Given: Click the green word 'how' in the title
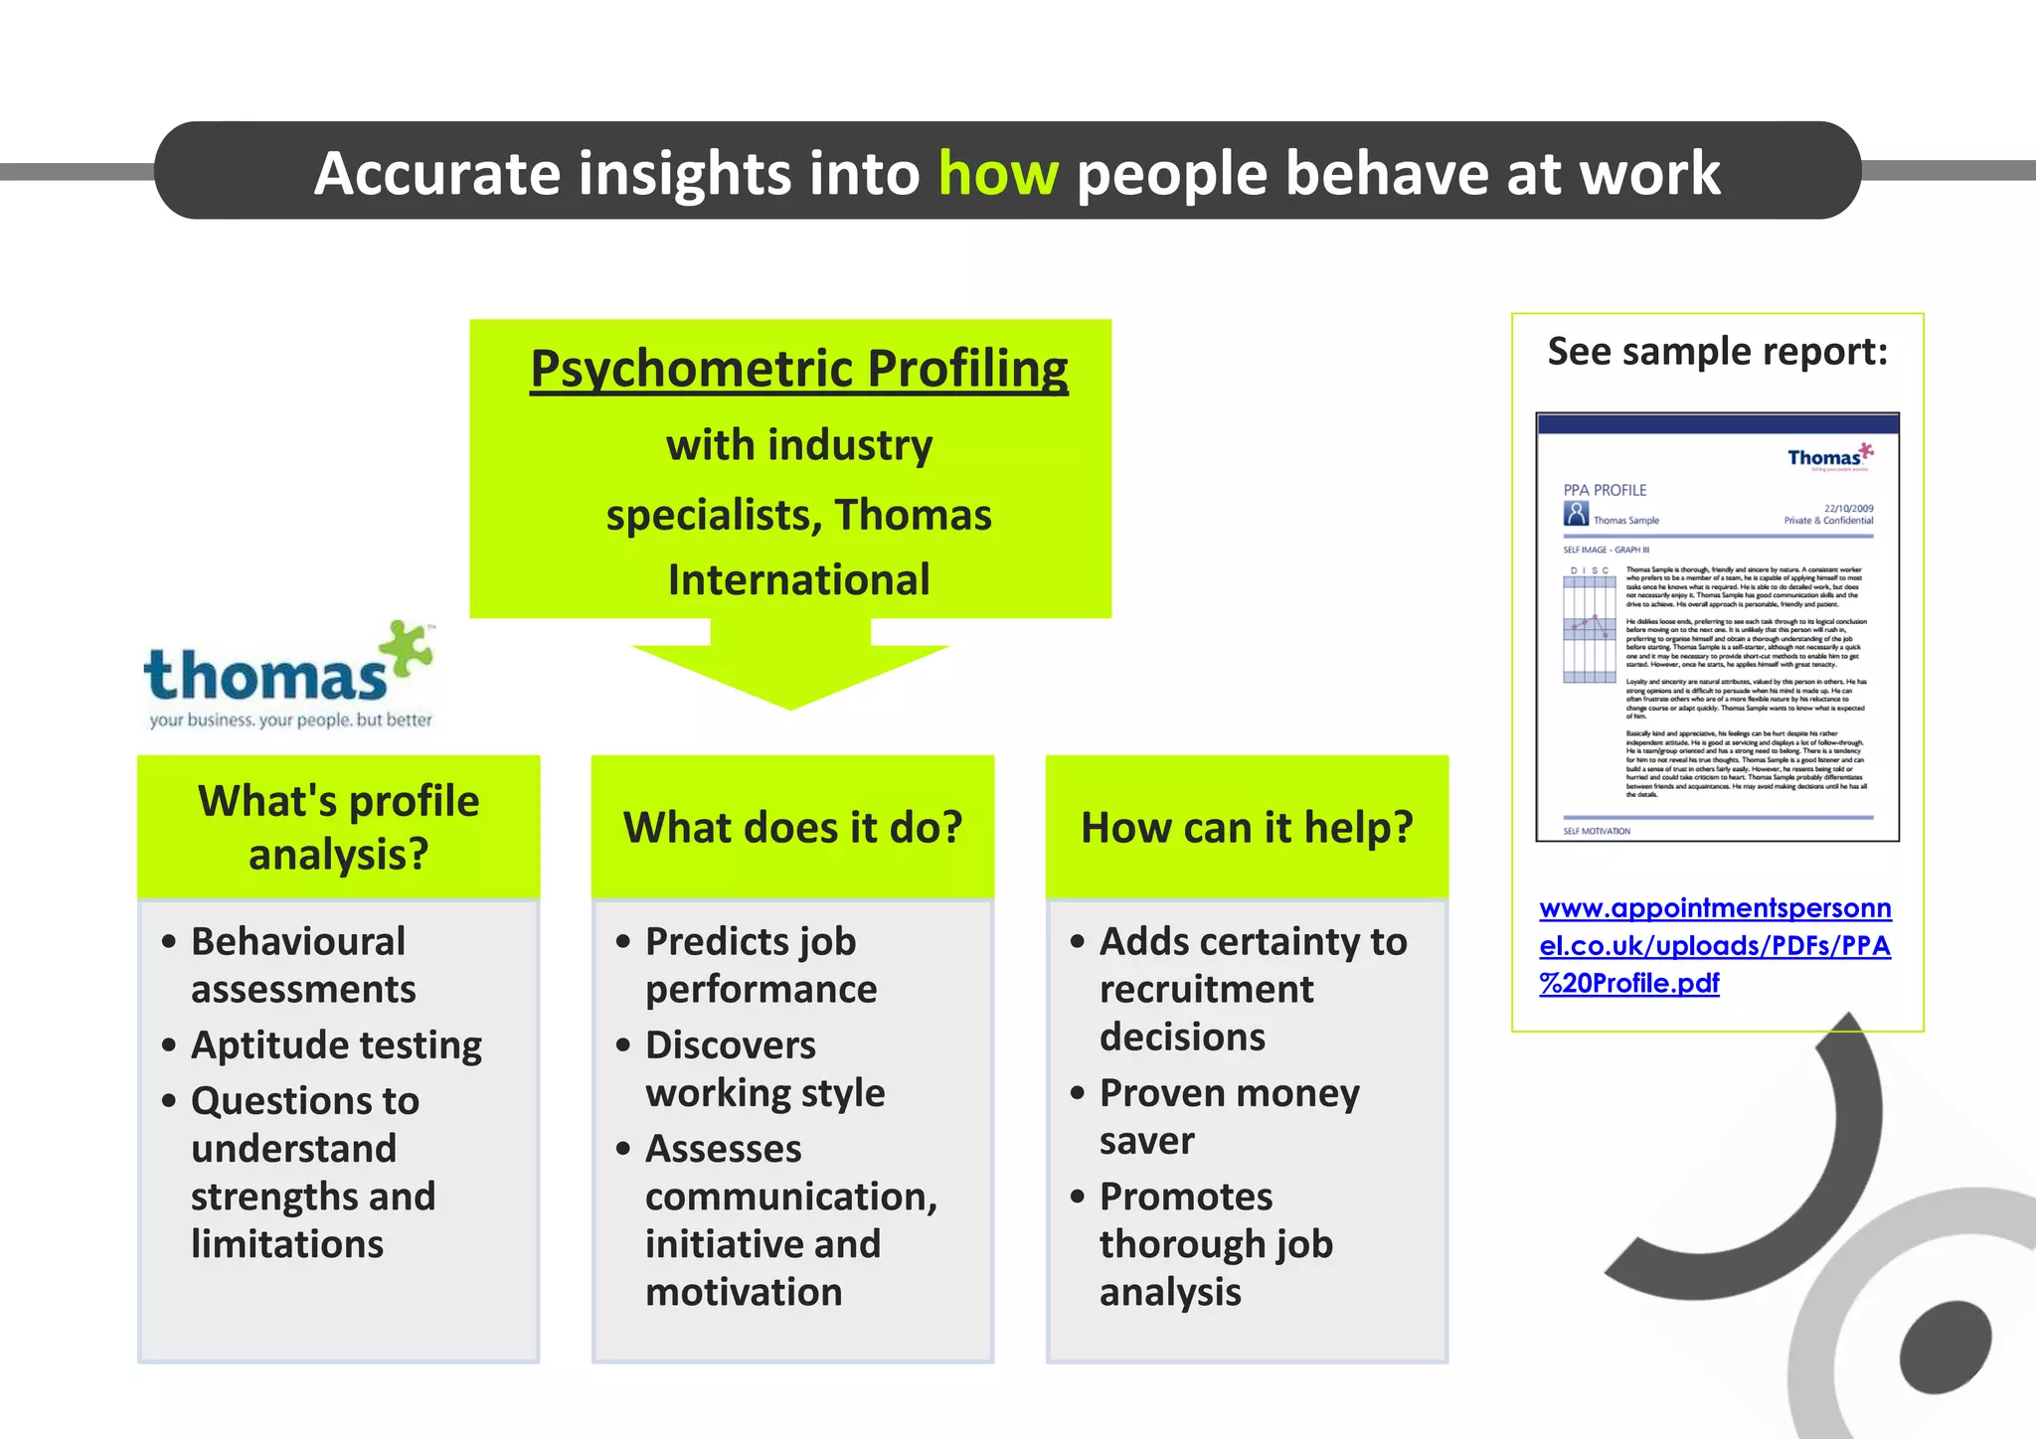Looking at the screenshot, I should pyautogui.click(x=998, y=174).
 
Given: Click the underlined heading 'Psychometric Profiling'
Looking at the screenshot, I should pyautogui.click(x=798, y=369).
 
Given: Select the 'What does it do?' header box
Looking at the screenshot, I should pyautogui.click(x=792, y=827).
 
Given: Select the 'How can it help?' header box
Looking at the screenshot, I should pyautogui.click(x=1247, y=827).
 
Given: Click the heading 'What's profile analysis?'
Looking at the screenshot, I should pyautogui.click(x=338, y=827).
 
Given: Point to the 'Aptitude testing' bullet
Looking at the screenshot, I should pyautogui.click(x=336, y=1044).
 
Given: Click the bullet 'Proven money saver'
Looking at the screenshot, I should pyautogui.click(x=1229, y=1116).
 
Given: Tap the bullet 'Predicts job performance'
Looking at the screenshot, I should pyautogui.click(x=761, y=965).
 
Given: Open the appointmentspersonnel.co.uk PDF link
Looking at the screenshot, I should pyautogui.click(x=1714, y=945).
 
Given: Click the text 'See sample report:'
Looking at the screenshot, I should pyautogui.click(x=1717, y=352).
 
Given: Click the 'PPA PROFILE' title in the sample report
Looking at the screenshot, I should pyautogui.click(x=1605, y=490).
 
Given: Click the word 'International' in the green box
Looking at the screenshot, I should pyautogui.click(x=798, y=579).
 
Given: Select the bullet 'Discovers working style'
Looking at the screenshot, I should pyautogui.click(x=763, y=1068).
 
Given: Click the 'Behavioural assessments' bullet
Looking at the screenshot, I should pyautogui.click(x=302, y=965).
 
